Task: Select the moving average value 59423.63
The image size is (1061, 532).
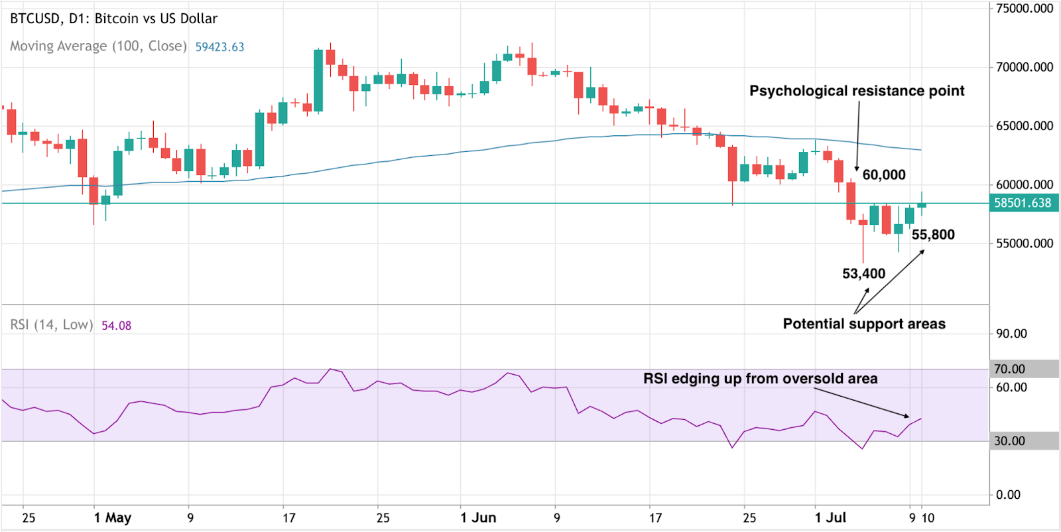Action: point(219,47)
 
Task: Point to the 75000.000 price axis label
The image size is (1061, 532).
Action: point(1025,9)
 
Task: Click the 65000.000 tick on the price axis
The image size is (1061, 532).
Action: point(1025,126)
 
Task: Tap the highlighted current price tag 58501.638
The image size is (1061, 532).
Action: point(1023,203)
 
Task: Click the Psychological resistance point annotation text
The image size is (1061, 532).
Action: point(857,91)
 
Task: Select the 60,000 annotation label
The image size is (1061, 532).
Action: point(884,175)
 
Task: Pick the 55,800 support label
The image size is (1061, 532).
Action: point(933,235)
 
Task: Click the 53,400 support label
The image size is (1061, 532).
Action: point(863,274)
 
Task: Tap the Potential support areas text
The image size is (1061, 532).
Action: point(864,324)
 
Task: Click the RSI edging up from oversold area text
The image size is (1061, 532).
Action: point(760,379)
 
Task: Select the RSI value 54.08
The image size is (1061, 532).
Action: point(116,326)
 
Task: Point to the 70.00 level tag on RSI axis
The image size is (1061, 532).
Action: point(1010,369)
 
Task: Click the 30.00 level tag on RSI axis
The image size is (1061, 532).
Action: point(1010,441)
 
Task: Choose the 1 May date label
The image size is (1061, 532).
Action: point(113,518)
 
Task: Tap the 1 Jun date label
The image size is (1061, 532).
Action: point(478,518)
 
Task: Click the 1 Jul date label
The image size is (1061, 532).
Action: point(830,518)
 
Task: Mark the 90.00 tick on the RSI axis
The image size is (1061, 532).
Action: point(1011,334)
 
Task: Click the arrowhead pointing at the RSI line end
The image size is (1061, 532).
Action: point(908,417)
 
